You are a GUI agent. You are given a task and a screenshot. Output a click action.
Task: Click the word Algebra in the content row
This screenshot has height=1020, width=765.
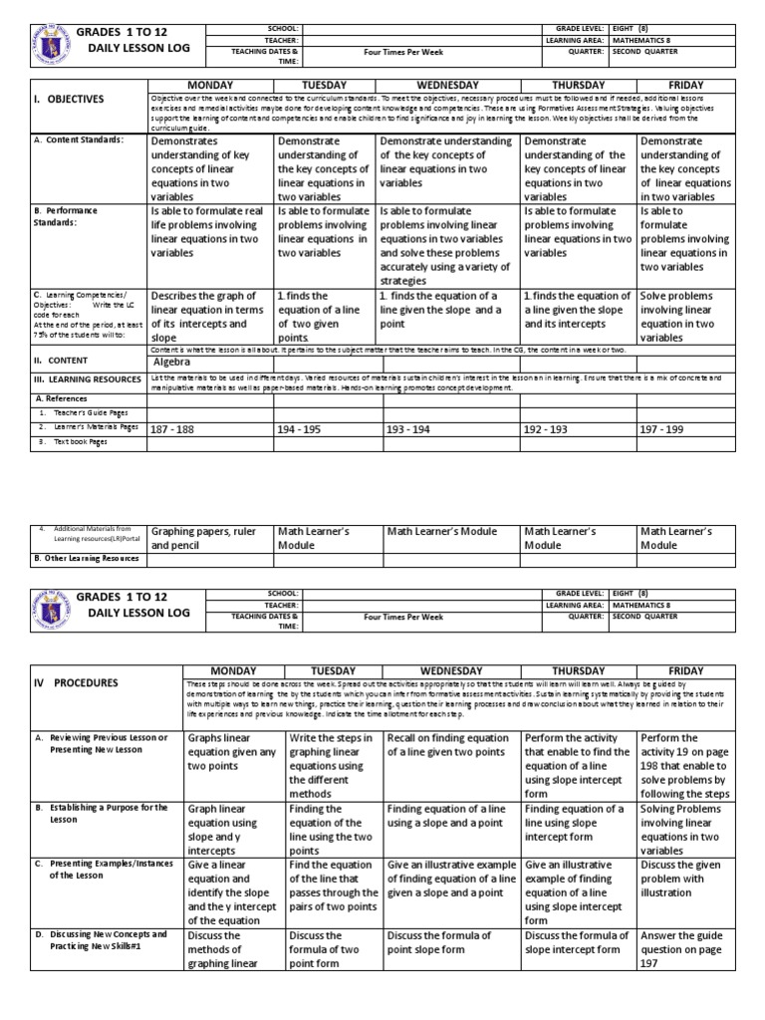click(x=172, y=363)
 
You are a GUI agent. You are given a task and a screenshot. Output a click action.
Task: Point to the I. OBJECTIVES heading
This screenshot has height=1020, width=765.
click(x=69, y=100)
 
